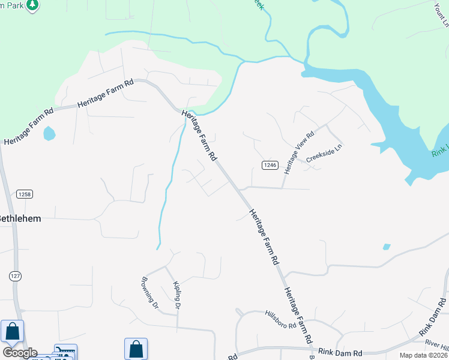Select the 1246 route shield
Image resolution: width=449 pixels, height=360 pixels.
270,165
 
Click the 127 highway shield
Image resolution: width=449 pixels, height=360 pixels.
16,275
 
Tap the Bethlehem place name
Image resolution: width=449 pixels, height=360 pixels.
20,218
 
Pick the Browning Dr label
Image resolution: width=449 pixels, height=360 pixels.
149,292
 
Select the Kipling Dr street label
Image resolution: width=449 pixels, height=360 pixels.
176,295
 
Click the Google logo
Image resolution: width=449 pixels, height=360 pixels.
20,353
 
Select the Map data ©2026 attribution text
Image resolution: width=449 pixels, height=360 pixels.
423,355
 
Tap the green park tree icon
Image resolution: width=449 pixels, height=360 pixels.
33,5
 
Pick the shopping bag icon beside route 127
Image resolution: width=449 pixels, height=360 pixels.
13,331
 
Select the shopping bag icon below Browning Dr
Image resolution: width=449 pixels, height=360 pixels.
136,349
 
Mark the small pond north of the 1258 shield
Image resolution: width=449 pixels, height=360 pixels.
49,133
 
